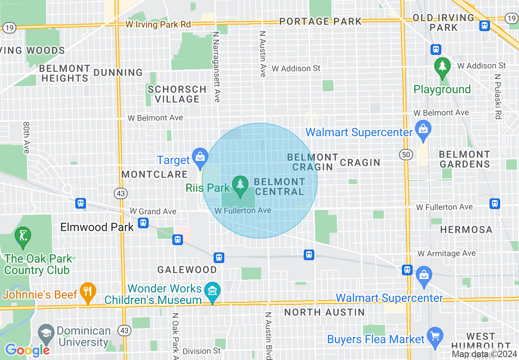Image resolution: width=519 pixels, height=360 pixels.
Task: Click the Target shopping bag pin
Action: (x=200, y=157)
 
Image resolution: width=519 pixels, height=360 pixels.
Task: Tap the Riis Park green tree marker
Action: (x=240, y=184)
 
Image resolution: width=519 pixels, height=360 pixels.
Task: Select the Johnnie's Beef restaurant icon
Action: (x=88, y=292)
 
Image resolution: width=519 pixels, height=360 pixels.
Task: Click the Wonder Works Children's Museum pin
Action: (x=212, y=292)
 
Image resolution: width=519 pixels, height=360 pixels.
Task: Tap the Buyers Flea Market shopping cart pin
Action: (x=435, y=336)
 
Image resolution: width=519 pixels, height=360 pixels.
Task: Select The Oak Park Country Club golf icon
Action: (x=23, y=236)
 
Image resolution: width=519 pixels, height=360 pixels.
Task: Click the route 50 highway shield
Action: (x=405, y=155)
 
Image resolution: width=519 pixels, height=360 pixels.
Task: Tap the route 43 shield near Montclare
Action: (x=121, y=193)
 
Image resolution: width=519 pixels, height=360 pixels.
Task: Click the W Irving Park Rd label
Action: (x=158, y=25)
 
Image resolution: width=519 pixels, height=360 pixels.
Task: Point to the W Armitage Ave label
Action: (x=446, y=254)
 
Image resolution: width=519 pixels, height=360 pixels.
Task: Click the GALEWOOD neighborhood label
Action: (x=187, y=270)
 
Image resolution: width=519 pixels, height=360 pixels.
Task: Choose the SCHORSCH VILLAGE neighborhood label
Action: (x=177, y=94)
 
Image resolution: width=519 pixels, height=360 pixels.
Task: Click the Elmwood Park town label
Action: (x=97, y=227)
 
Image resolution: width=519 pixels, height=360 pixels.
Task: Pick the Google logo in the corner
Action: (x=27, y=350)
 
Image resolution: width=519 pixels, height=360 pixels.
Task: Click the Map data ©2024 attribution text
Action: (x=484, y=354)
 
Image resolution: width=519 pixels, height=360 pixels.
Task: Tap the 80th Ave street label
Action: (x=27, y=137)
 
